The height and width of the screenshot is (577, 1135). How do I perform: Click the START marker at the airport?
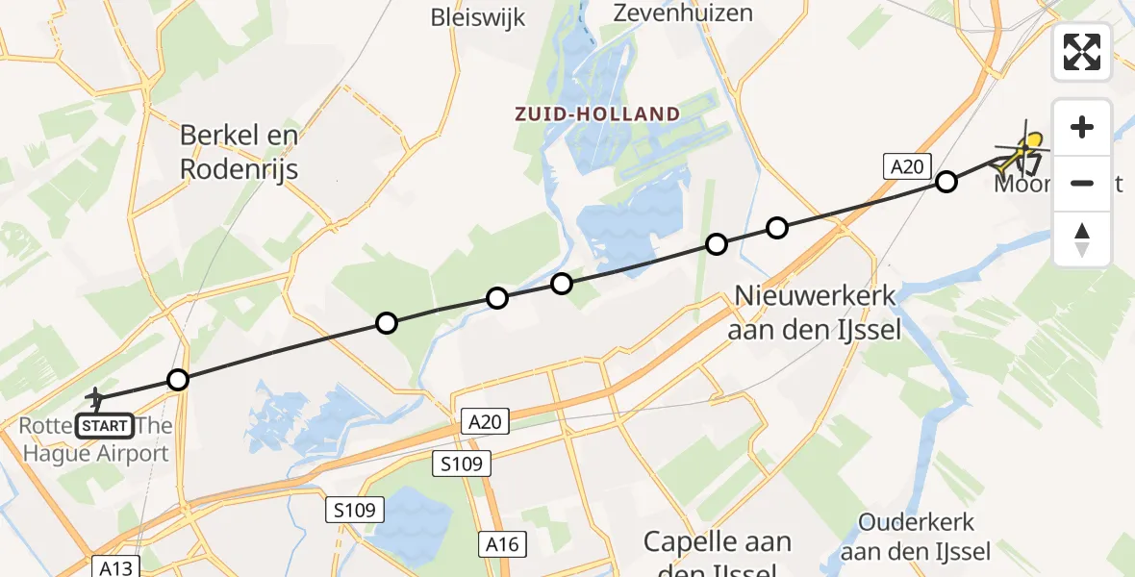pos(105,425)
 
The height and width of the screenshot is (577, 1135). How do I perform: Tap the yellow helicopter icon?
pos(1025,150)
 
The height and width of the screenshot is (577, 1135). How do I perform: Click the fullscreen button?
pos(1082,52)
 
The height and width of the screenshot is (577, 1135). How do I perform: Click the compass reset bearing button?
pos(1082,239)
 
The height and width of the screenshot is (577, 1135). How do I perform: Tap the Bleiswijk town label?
pos(478,16)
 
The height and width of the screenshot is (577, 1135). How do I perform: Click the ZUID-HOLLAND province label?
pos(596,113)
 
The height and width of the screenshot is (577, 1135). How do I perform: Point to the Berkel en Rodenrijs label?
pos(240,153)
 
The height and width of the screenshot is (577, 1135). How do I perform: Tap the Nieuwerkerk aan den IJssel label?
pos(816,313)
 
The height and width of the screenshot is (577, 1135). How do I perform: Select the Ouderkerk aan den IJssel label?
pos(917,537)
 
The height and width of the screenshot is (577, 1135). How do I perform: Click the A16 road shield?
pos(502,544)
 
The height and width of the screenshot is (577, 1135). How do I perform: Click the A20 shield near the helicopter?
pos(906,167)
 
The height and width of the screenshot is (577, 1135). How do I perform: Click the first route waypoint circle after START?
pos(177,380)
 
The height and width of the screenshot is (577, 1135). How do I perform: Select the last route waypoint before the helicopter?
pos(947,182)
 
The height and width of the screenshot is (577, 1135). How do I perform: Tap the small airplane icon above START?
pos(96,395)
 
